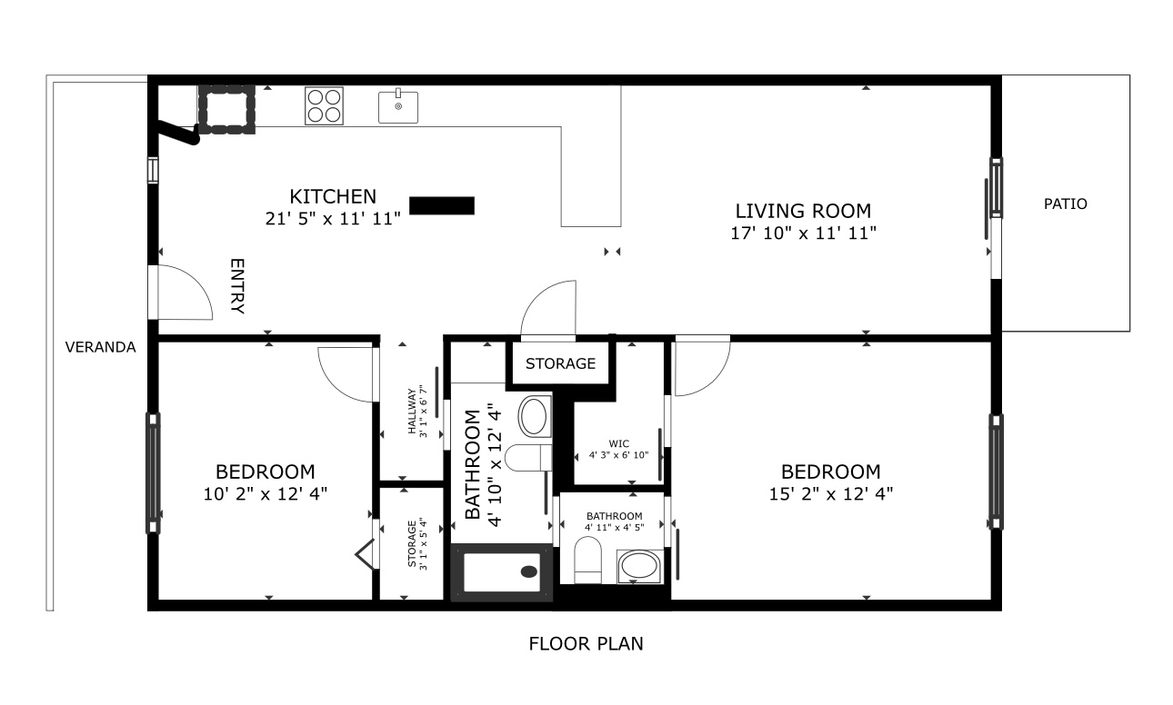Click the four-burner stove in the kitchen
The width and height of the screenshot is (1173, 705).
point(324,105)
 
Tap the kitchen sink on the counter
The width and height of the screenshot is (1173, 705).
point(398,105)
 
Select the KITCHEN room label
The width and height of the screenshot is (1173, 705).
point(333,197)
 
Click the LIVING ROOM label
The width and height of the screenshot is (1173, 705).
point(803,211)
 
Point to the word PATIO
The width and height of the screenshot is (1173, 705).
point(1065,204)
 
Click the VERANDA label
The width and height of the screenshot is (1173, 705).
point(101,347)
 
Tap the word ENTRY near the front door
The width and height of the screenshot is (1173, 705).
point(237,286)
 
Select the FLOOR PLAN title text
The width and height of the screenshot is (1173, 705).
point(586,644)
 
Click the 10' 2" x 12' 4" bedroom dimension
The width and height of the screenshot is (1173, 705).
point(266,493)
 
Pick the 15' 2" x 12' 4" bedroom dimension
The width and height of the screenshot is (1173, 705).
point(831,493)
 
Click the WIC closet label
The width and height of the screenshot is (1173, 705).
point(619,444)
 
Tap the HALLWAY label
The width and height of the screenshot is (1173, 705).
point(412,411)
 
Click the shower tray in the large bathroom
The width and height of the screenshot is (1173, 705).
point(502,572)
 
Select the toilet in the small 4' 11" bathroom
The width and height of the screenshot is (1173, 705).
point(587,560)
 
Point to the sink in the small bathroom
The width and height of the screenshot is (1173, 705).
point(639,566)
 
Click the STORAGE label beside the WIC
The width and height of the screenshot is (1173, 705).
point(560,363)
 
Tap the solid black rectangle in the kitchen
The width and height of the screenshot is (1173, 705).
point(442,205)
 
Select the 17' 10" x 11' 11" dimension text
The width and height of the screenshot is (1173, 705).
point(803,233)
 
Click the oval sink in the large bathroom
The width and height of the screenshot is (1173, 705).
point(534,417)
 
